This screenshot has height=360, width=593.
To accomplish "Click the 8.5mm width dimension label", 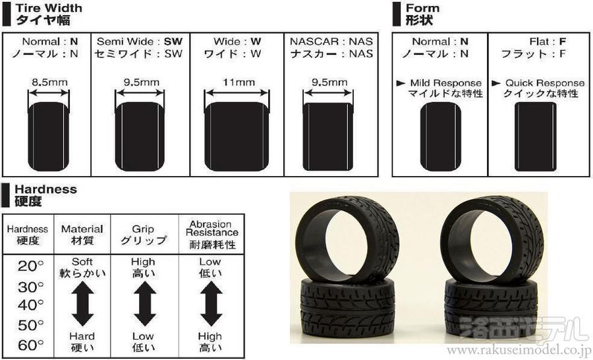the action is [49, 82].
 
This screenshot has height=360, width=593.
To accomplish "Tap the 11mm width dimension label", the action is [239, 82].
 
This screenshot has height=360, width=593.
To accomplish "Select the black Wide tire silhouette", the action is [237, 136].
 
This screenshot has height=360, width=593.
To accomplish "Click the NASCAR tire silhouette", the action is [328, 136].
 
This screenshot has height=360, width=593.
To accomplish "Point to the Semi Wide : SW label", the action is [140, 42].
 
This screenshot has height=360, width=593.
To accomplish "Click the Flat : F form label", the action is [548, 42].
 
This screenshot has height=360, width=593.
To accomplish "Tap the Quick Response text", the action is [545, 83].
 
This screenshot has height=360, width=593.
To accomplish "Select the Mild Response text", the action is [446, 83].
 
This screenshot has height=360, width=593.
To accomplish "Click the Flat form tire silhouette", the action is [536, 136].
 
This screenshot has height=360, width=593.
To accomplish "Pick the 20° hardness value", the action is [30, 266].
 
